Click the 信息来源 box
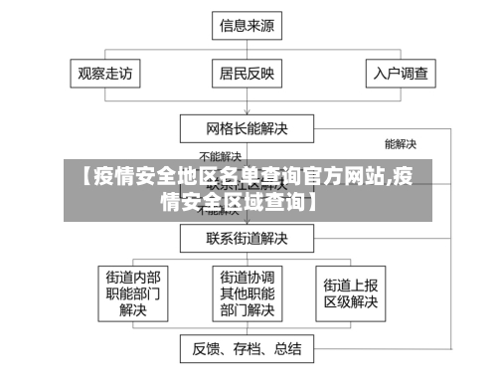click(247, 27)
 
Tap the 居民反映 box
click(247, 73)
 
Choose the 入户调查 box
click(401, 73)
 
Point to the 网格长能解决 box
click(247, 128)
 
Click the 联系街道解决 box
click(247, 239)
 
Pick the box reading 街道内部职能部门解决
click(133, 293)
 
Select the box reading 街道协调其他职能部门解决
click(247, 293)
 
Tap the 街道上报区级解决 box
click(348, 293)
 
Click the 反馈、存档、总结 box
click(247, 349)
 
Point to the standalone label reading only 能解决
click(400, 144)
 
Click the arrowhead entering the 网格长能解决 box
click(247, 112)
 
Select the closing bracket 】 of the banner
click(312, 204)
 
